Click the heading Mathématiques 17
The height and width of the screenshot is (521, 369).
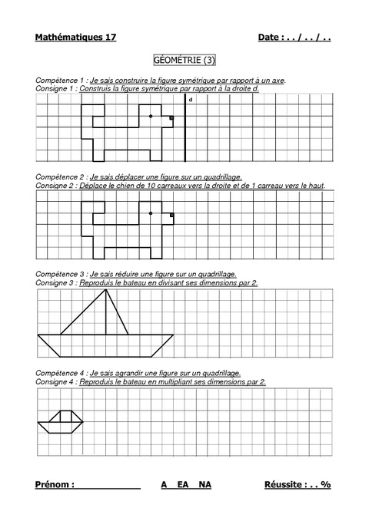(75, 38)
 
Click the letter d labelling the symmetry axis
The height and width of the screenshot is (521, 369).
(190, 101)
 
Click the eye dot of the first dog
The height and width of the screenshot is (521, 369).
(151, 117)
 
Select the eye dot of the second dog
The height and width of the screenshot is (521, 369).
(151, 213)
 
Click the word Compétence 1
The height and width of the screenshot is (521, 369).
(60, 81)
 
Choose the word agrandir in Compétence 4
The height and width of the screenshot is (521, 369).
(121, 373)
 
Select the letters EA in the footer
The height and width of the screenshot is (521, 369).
(183, 485)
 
